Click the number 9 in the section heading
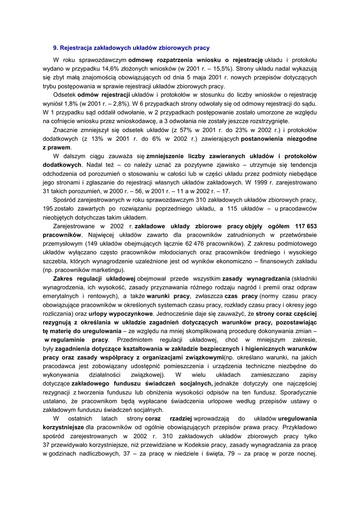click(55, 48)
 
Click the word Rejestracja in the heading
click(74, 48)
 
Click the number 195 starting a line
click(48, 208)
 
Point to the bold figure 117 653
click(305, 226)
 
